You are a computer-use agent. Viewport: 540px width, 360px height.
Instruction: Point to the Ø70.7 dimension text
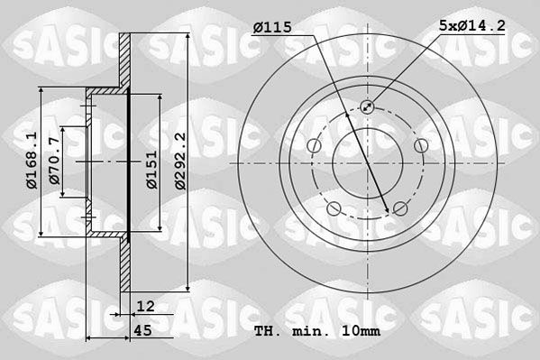tap(56, 161)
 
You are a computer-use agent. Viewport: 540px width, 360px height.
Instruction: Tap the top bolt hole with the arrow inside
tap(367, 107)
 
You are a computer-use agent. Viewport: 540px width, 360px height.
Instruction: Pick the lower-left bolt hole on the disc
tap(334, 209)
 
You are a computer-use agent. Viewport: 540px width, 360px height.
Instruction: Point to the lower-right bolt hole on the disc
tap(400, 209)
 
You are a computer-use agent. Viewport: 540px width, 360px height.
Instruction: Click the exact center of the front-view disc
tap(367, 162)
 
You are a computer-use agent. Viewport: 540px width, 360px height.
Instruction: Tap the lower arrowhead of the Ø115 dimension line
tap(387, 212)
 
